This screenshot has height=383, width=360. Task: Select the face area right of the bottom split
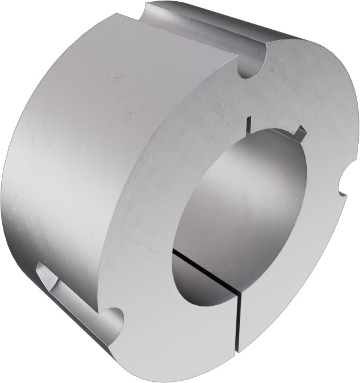[275, 309]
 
